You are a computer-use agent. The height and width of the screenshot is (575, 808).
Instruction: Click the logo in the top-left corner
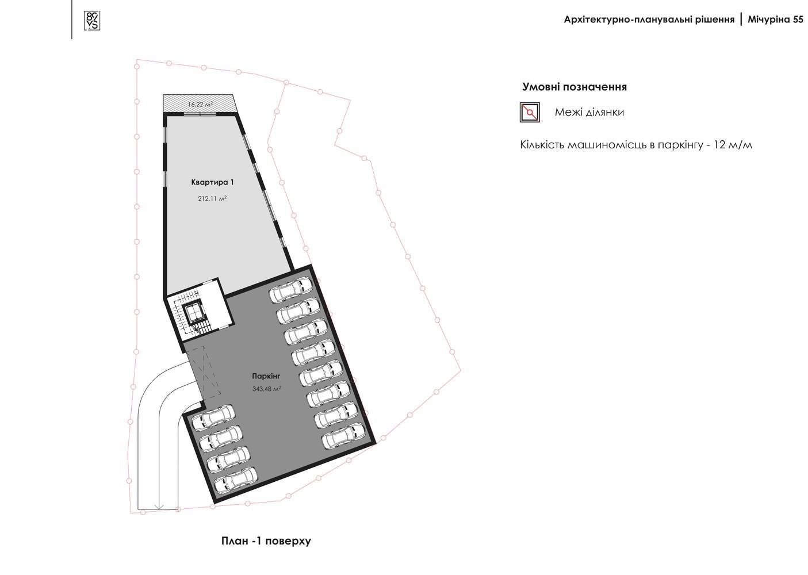pyautogui.click(x=92, y=21)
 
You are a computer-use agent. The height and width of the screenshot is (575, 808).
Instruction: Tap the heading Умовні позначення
pyautogui.click(x=575, y=87)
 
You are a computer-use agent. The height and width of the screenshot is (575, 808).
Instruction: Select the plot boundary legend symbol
pyautogui.click(x=530, y=112)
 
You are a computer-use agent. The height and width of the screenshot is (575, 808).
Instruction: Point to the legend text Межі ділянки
pyautogui.click(x=589, y=112)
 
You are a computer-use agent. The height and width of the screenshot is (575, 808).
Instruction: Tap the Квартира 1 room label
pyautogui.click(x=212, y=182)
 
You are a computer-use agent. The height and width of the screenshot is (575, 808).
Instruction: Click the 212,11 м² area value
pyautogui.click(x=212, y=198)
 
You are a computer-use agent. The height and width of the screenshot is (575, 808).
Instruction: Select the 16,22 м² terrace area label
pyautogui.click(x=200, y=104)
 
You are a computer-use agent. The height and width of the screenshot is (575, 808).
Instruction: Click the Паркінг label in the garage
pyautogui.click(x=266, y=376)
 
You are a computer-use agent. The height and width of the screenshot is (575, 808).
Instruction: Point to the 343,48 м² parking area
pyautogui.click(x=267, y=389)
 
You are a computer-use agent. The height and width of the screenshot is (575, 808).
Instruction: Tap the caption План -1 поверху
pyautogui.click(x=266, y=541)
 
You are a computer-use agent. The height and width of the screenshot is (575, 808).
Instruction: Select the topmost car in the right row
pyautogui.click(x=291, y=289)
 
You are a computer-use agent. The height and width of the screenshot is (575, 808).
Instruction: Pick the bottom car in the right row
pyautogui.click(x=343, y=436)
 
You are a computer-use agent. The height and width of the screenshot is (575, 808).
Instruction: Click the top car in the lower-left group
pyautogui.click(x=213, y=417)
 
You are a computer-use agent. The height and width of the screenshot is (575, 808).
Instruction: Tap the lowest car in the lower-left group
pyautogui.click(x=236, y=480)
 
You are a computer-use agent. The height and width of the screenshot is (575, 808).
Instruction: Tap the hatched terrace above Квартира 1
pyautogui.click(x=198, y=103)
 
